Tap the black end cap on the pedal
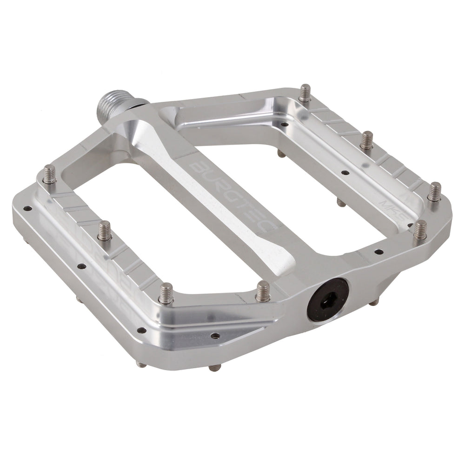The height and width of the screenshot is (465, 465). click(x=327, y=299)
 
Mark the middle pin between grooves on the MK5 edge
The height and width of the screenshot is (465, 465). click(x=366, y=140)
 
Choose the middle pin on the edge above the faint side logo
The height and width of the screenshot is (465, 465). click(x=105, y=231)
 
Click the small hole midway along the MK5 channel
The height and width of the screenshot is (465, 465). click(x=345, y=173)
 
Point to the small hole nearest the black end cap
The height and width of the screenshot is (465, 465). click(x=214, y=335)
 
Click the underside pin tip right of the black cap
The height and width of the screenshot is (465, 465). click(x=374, y=303)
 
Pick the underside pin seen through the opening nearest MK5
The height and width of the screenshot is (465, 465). click(x=341, y=203)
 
